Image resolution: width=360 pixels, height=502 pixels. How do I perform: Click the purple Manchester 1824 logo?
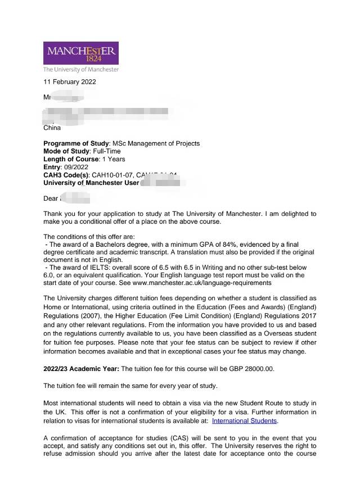tap(81, 53)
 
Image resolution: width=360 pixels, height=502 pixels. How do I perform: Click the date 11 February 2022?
tap(70, 82)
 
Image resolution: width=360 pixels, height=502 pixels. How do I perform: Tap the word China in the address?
tap(52, 128)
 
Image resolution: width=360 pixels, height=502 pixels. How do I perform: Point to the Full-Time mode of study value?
tap(106, 151)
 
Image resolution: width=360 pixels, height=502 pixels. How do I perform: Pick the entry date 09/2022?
tap(76, 167)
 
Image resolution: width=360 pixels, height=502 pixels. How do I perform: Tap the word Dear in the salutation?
tap(51, 198)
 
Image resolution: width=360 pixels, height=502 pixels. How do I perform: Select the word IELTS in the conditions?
tap(92, 268)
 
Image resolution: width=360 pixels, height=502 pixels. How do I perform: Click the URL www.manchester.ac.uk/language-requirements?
tap(202, 283)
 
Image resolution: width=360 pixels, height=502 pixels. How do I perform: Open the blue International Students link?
tap(244, 420)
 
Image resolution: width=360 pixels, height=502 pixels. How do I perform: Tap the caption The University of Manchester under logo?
tap(81, 70)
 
